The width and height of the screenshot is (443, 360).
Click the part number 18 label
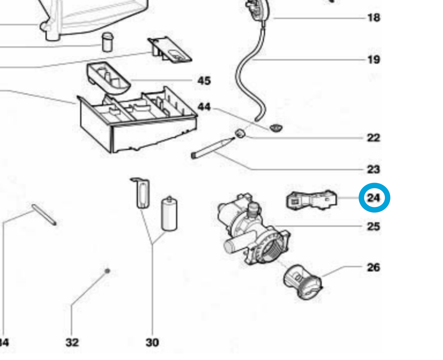coord(373,17)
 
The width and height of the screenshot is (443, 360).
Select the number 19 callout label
coord(373,59)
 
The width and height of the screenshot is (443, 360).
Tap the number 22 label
coord(373,138)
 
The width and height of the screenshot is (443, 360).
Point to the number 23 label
coord(373,169)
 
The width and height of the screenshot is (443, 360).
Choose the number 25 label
coord(373,227)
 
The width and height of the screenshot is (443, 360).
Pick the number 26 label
coord(373,267)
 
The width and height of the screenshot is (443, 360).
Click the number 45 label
coord(204,81)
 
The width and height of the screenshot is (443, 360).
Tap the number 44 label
coord(204,107)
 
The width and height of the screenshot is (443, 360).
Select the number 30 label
coord(152,343)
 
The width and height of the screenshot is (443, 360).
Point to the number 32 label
coord(72,343)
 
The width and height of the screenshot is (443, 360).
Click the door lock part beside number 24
coord(312,200)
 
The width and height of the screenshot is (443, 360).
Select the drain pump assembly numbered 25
coord(251,233)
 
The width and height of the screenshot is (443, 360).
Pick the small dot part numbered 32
coord(107,271)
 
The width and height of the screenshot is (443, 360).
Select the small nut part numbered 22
coord(240,134)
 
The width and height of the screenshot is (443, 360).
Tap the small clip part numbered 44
coord(276,128)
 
